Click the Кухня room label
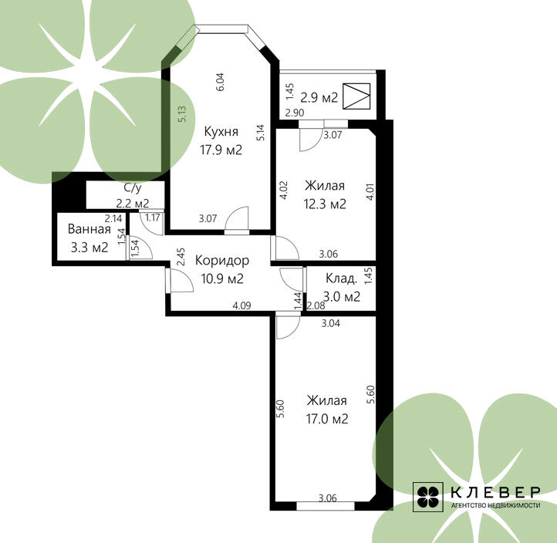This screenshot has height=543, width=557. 221,132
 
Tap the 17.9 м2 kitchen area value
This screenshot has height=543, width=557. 221,150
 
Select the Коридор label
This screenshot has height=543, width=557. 222,261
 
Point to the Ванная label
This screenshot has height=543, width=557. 89,229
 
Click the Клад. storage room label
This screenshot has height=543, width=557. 342,278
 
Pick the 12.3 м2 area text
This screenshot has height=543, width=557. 325,204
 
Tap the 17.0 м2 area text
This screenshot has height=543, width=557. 327,419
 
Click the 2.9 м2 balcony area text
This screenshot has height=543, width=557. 319,97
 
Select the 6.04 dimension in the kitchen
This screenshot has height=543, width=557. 220,82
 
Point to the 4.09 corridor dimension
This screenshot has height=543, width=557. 242,305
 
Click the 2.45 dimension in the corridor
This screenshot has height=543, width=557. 181,257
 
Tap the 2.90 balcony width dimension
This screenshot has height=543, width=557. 295,113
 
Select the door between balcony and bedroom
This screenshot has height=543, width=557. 311,137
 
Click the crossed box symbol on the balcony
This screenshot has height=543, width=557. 356,96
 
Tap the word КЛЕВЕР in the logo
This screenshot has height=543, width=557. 495,492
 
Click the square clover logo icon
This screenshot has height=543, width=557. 427,497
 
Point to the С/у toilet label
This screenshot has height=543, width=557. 132,187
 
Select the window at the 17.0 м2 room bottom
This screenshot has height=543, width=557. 326,506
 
